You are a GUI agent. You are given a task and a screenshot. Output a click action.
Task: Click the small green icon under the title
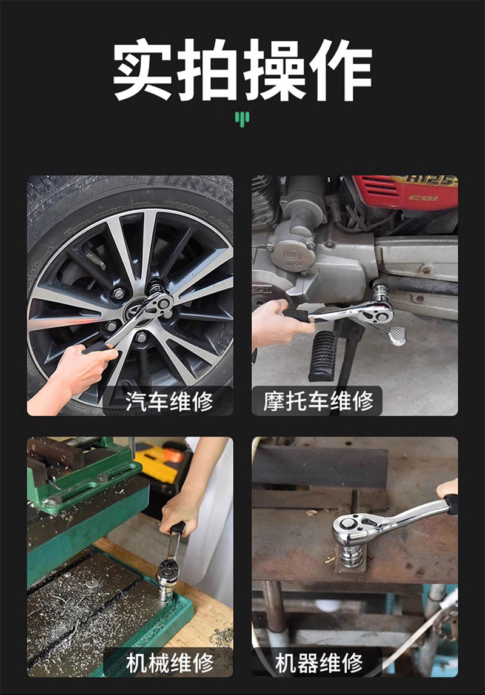tap(242, 118)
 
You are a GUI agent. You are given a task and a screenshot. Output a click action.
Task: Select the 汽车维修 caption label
tap(169, 401)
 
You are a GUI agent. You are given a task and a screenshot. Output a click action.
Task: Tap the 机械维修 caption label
tap(169, 662)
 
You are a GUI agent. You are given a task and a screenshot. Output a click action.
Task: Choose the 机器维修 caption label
tap(319, 662)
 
